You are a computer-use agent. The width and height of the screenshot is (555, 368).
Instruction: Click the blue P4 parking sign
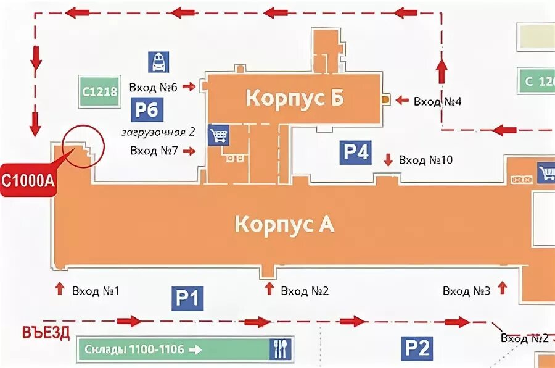pos(355,152)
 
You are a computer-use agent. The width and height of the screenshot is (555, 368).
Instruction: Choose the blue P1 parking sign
pos(187,299)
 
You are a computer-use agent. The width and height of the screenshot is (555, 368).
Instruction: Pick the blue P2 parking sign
pos(417,348)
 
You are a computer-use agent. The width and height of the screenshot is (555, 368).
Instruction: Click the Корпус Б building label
pos(294,98)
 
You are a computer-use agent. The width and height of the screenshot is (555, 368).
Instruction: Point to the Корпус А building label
pos(284,224)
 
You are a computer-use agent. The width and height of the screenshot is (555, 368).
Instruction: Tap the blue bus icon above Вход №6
pos(158,62)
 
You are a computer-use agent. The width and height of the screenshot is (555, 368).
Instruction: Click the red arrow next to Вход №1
pos(60,288)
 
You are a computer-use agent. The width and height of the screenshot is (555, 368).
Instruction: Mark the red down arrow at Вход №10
pos(388,160)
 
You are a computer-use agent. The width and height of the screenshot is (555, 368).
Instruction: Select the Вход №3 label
pos(466,290)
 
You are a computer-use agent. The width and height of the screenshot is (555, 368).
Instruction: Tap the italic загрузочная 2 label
pos(158,132)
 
